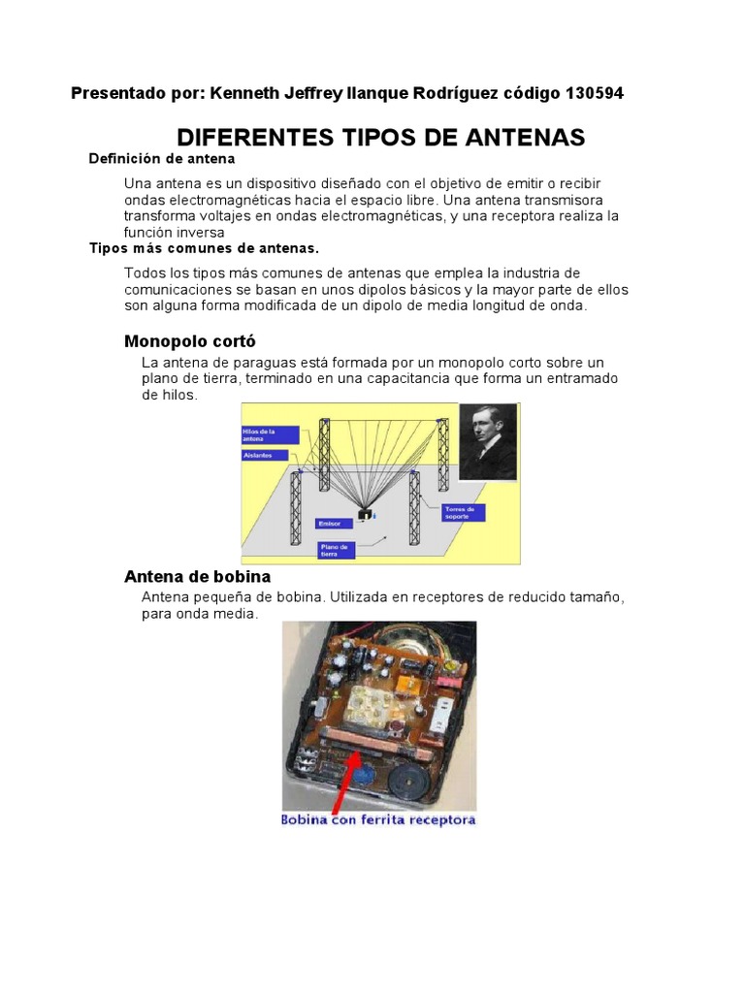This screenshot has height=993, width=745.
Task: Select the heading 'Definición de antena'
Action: coord(162,158)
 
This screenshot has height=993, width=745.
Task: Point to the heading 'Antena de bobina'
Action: coord(197,577)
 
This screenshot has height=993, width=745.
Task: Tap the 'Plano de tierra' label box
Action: coord(336,550)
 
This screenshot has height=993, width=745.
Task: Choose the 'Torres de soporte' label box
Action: coord(463,512)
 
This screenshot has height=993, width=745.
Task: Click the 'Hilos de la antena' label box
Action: coord(263,434)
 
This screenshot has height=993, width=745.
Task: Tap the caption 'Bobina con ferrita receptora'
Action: coord(378,820)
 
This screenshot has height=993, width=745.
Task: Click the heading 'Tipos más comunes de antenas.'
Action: coord(204,248)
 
